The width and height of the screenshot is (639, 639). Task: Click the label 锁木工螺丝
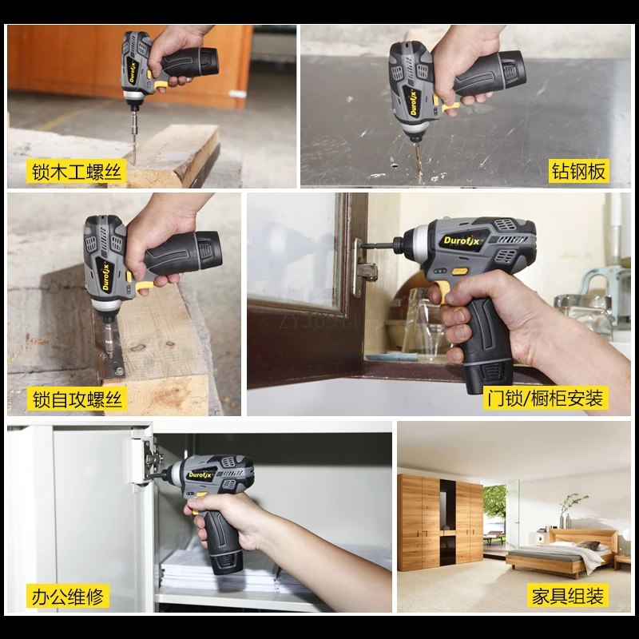coord(77,171)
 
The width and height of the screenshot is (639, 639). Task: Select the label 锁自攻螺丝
coord(77,399)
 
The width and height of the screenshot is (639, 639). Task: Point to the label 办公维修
coord(67,595)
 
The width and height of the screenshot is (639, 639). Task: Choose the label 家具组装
coord(568,595)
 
